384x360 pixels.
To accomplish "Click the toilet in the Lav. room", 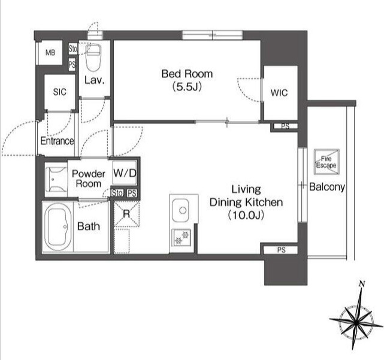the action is (x=93, y=58).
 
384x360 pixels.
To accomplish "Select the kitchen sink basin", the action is (x=180, y=210).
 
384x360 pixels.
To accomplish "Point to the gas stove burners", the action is (x=182, y=238).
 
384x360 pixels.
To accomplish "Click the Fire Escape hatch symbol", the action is (x=326, y=162).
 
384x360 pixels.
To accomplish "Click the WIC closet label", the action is (x=279, y=93).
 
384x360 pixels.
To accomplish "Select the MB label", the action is (x=50, y=52).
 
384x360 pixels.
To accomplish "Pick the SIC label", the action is (x=59, y=92).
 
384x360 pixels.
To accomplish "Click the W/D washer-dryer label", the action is (x=125, y=173).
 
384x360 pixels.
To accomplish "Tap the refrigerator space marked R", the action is (x=126, y=214).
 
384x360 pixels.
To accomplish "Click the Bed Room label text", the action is (x=187, y=74).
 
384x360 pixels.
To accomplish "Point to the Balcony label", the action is (x=327, y=187).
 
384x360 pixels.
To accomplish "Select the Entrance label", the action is (x=57, y=141).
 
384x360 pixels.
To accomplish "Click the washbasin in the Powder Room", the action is (x=56, y=180).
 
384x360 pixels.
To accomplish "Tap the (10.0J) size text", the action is (x=246, y=215).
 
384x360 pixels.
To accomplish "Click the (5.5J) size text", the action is (x=187, y=86).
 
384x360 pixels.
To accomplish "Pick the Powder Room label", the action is (x=89, y=179).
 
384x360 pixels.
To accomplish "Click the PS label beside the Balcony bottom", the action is (x=282, y=250).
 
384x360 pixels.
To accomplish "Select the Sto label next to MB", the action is (x=72, y=49).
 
